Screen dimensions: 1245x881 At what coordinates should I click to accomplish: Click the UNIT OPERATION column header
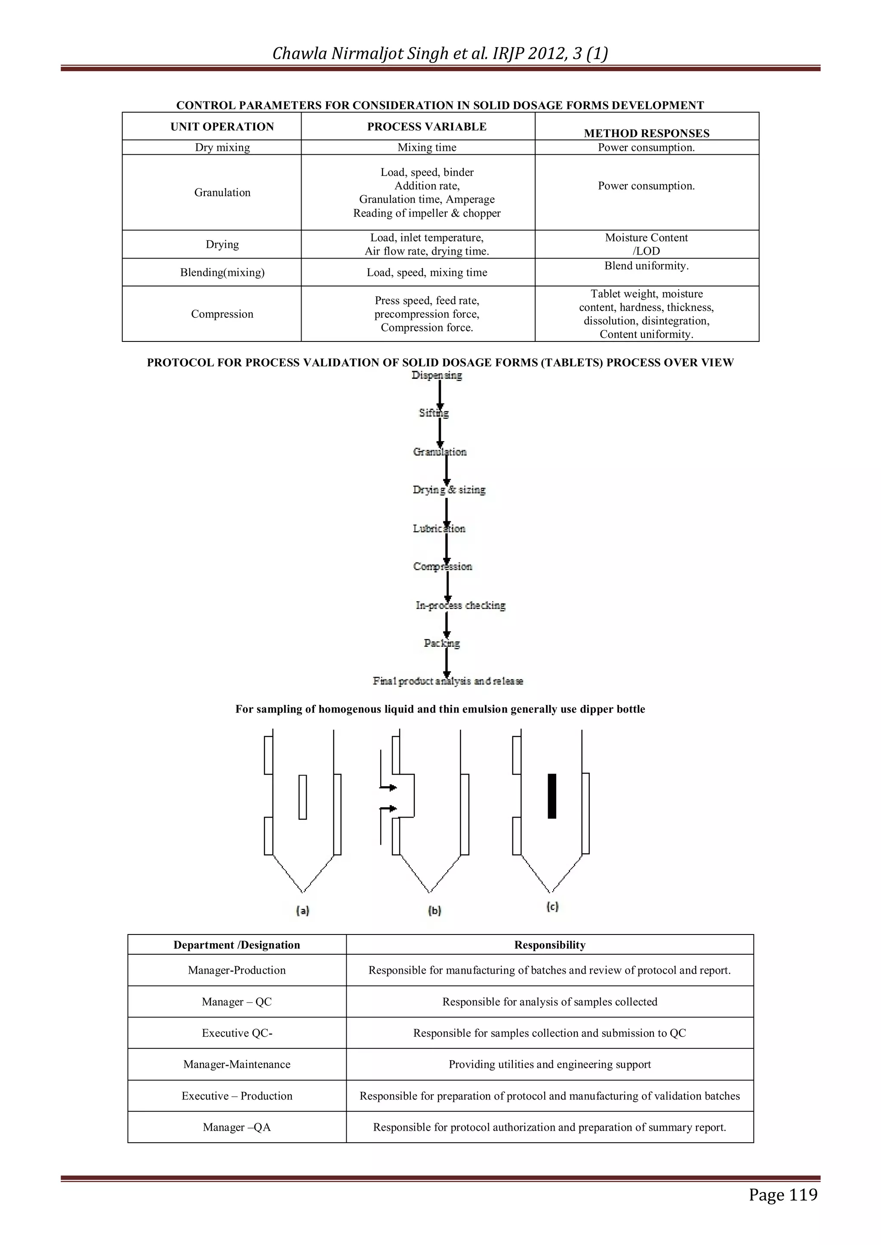pyautogui.click(x=222, y=126)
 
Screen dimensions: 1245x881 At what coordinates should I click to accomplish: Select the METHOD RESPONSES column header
pyautogui.click(x=646, y=133)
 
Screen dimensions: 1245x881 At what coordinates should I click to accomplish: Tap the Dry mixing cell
pyautogui.click(x=222, y=148)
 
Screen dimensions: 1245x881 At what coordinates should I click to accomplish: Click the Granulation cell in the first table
pyautogui.click(x=222, y=193)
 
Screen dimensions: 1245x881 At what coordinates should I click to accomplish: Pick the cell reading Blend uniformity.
pyautogui.click(x=646, y=266)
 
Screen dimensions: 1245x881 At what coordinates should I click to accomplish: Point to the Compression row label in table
pyautogui.click(x=222, y=314)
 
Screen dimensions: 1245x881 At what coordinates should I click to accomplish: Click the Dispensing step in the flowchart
pyautogui.click(x=436, y=375)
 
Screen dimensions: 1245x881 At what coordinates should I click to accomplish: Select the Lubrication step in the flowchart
pyautogui.click(x=439, y=528)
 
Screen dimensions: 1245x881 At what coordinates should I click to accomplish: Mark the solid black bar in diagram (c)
pyautogui.click(x=552, y=796)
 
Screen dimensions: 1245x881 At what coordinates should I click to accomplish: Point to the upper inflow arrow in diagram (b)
pyautogui.click(x=388, y=787)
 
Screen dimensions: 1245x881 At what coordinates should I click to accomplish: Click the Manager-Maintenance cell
pyautogui.click(x=237, y=1064)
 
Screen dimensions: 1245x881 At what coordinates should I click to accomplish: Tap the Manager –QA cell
pyautogui.click(x=237, y=1127)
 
